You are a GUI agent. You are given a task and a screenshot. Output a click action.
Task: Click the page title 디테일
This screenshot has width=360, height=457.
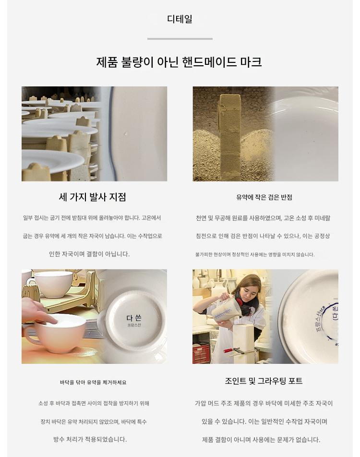(x=180, y=19)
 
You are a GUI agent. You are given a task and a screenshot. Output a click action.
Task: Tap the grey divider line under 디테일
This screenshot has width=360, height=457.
(x=180, y=39)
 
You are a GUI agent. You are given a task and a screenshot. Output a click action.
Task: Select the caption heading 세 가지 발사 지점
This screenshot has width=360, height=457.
(x=93, y=197)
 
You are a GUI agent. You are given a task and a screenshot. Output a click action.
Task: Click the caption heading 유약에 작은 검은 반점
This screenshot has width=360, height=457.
(x=264, y=197)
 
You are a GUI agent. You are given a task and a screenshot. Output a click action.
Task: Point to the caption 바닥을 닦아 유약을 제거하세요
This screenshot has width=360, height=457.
(x=93, y=383)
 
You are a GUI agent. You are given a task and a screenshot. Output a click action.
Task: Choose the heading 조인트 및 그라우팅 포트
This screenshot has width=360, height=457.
(x=264, y=381)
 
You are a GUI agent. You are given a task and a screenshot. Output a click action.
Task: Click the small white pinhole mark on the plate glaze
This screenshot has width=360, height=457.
(x=126, y=134)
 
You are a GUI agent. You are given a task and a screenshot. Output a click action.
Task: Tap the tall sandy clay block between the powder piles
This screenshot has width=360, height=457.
(x=230, y=137)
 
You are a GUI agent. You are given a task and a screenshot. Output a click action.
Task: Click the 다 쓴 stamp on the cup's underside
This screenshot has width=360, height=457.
(x=134, y=318)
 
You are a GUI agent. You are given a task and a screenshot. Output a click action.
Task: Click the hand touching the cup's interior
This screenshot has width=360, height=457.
(x=39, y=312)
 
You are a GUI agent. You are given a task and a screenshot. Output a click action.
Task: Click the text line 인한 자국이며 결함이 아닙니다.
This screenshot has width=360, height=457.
(x=89, y=254)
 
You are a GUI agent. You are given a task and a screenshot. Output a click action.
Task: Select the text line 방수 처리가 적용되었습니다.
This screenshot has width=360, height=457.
(x=90, y=439)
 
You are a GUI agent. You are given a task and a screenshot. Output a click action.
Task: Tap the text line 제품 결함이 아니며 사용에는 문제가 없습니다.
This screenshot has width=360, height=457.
(x=261, y=440)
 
